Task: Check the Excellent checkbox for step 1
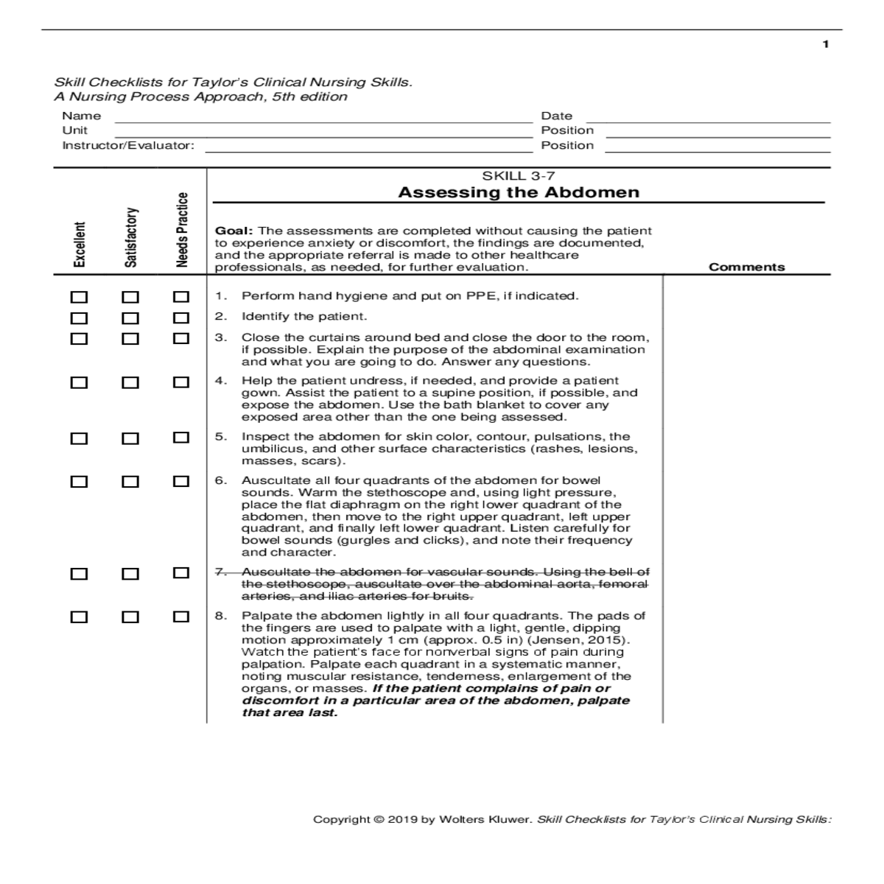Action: click(79, 298)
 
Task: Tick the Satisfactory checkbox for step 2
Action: click(130, 318)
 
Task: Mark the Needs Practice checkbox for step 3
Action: click(180, 339)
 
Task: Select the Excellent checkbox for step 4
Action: click(79, 382)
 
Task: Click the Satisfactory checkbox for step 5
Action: click(130, 438)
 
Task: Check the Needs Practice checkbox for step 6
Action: click(180, 481)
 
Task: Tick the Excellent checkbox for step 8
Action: click(79, 617)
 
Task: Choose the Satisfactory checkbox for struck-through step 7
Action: click(130, 574)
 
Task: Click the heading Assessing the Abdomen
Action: click(519, 193)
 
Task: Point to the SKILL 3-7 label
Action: click(519, 176)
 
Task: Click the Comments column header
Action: click(746, 267)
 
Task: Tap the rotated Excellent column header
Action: click(79, 244)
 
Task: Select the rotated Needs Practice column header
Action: click(182, 230)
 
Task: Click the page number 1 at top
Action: click(826, 44)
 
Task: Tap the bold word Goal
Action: click(233, 231)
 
